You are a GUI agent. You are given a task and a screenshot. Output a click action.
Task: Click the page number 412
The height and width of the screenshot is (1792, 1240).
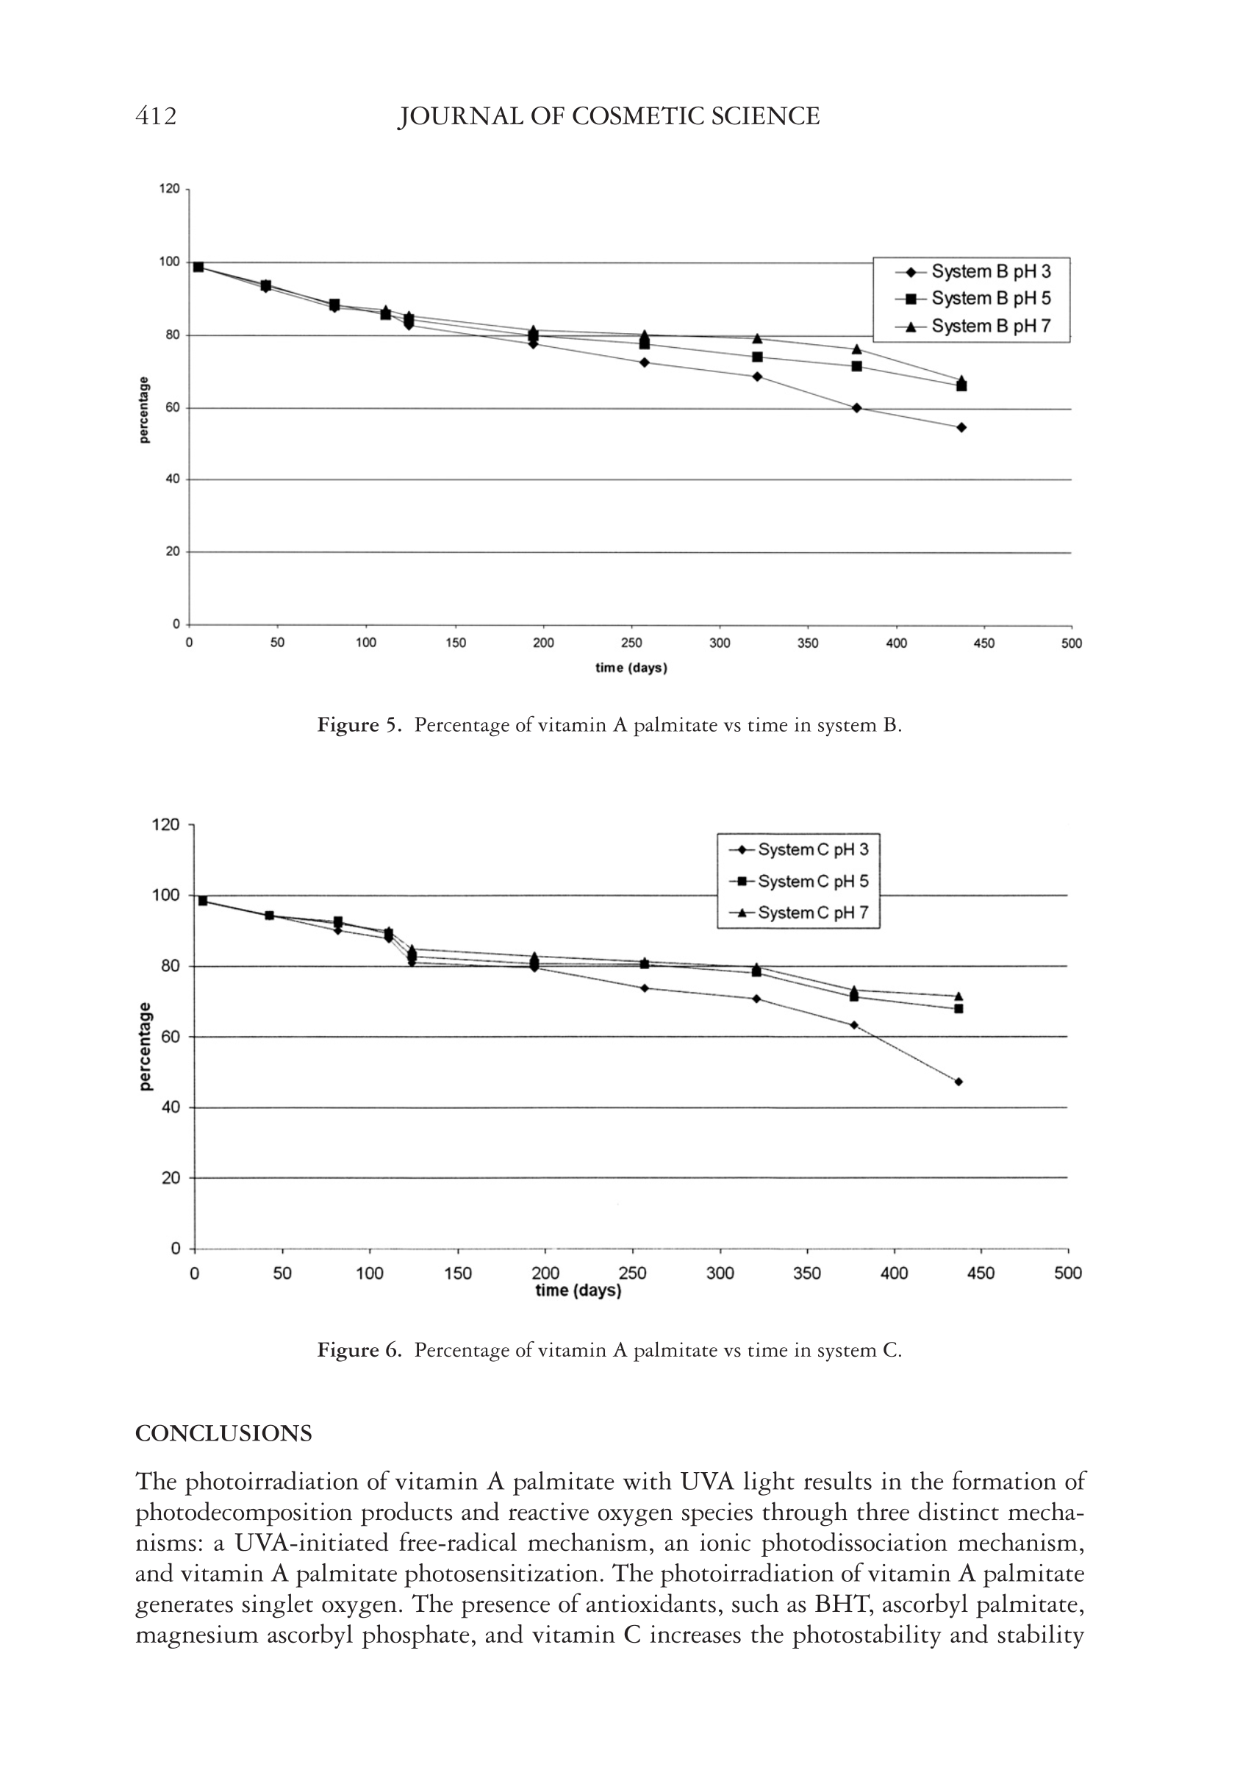click(156, 117)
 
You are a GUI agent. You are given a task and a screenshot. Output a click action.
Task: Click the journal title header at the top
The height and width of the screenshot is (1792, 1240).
click(609, 117)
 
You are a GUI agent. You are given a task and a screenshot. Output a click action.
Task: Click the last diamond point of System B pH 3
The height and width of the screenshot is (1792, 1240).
click(961, 427)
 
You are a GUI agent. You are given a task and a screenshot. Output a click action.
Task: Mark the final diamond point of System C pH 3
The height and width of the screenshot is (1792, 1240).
click(958, 1082)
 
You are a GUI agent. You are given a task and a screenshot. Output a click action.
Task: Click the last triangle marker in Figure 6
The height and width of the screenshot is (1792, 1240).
click(958, 996)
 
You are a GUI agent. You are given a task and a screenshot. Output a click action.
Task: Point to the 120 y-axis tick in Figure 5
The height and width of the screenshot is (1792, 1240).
click(169, 189)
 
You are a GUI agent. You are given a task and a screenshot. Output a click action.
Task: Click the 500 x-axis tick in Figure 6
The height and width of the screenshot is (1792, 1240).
click(1068, 1273)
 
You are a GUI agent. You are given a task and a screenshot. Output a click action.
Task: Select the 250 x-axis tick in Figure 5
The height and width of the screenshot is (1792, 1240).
click(631, 643)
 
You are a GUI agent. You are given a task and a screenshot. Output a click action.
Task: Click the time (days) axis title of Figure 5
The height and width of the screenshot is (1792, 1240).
click(631, 668)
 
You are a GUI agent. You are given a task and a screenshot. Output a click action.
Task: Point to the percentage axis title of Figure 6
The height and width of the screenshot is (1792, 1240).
click(146, 1046)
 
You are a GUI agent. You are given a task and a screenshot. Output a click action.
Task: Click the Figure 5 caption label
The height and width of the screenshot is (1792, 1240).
click(359, 726)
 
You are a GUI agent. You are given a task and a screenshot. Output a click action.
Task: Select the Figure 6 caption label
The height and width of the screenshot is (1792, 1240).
click(359, 1351)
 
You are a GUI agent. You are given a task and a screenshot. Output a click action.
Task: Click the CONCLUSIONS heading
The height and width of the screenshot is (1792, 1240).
click(223, 1434)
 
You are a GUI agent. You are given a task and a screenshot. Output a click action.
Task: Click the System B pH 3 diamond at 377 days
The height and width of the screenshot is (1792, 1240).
click(856, 408)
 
